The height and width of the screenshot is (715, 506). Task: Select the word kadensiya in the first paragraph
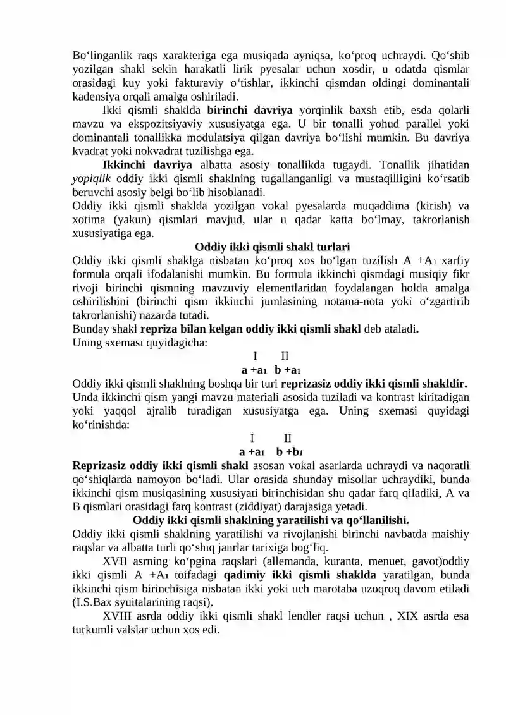coord(94,97)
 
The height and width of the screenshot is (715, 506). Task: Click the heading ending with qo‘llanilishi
coord(271,521)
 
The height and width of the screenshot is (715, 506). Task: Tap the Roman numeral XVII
coord(115,562)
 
